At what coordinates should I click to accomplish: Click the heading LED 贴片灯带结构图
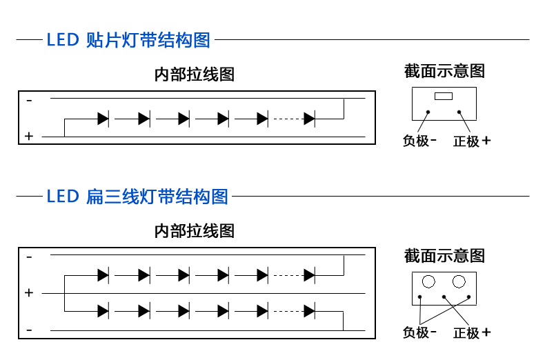[128, 40]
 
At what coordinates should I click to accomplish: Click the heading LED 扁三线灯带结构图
[137, 197]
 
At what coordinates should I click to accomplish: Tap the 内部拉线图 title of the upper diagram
[195, 74]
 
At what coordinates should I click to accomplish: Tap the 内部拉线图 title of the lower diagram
[195, 231]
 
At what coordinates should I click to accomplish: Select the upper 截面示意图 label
[444, 71]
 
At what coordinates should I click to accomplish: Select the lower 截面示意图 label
[444, 256]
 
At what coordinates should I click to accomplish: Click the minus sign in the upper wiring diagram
[29, 101]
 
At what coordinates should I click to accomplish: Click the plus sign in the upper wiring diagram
[29, 137]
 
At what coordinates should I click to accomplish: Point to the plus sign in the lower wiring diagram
[29, 293]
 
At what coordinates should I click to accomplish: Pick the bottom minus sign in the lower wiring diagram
[29, 330]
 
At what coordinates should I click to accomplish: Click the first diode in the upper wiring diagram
[103, 119]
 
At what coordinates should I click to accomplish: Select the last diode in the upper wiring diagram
[310, 119]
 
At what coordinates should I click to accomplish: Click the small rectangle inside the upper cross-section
[444, 96]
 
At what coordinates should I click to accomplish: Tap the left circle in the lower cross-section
[429, 281]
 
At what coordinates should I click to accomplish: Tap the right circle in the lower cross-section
[459, 281]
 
